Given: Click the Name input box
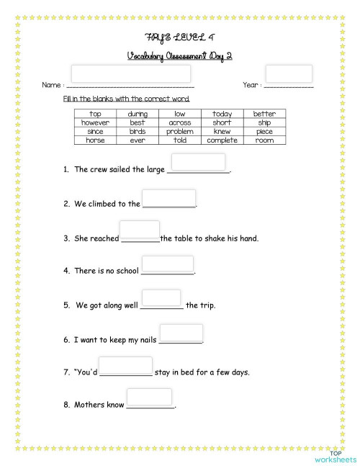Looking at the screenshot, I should tap(131, 73).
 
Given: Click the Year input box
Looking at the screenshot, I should tap(289, 73).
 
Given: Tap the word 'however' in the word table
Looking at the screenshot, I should tap(95, 122).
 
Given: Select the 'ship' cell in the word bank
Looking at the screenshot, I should tap(264, 122).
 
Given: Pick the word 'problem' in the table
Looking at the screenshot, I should tap(179, 132).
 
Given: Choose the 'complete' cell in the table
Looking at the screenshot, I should tap(222, 140).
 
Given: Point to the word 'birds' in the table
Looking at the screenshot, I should tap(137, 132).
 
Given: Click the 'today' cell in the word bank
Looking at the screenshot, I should tap(222, 114).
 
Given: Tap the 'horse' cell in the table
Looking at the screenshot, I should tap(95, 140).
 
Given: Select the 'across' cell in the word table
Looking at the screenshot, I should tap(179, 122).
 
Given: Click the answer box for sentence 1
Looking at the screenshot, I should tap(199, 162).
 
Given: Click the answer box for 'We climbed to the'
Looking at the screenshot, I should tap(168, 197).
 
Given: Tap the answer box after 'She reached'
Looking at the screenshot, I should tap(140, 230).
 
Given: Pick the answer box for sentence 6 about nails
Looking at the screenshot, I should tap(181, 332).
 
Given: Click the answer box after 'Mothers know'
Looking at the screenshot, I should tap(149, 396).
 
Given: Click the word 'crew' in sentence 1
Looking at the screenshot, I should tap(99, 170).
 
